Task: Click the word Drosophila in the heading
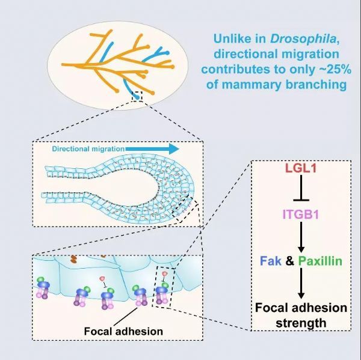pos(303,38)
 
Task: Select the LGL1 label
pos(301,168)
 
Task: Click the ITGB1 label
pos(301,215)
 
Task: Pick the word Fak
pos(271,261)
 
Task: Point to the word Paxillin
pos(320,261)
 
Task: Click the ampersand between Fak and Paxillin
pos(290,261)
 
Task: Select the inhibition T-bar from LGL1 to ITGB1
pos(301,188)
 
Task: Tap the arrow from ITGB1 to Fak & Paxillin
pos(301,237)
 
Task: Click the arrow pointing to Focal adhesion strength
pos(301,284)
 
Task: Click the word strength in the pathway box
pos(301,323)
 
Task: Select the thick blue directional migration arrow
pos(152,149)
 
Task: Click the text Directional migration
pos(88,149)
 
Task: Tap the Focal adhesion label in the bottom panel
pos(123,331)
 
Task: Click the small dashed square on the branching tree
pos(137,96)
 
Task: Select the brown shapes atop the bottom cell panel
pos(73,259)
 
